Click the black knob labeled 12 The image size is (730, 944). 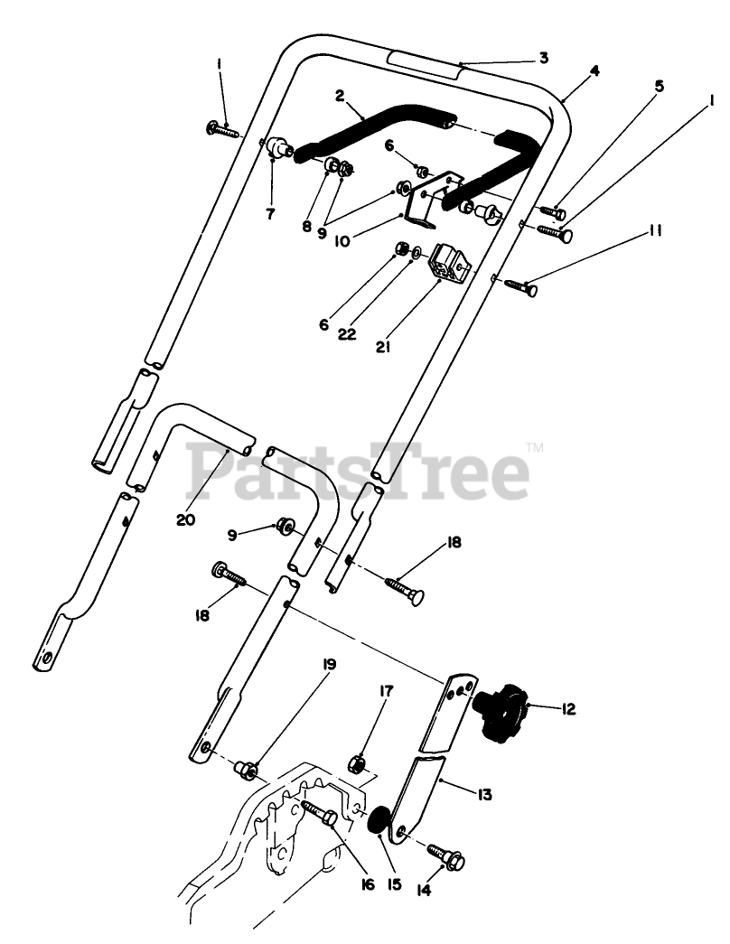[501, 713]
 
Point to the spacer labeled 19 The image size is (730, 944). [246, 770]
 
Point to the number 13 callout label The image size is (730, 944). [484, 794]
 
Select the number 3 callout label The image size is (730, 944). [543, 58]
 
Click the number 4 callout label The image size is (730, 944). [594, 70]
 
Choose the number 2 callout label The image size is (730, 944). [340, 95]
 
